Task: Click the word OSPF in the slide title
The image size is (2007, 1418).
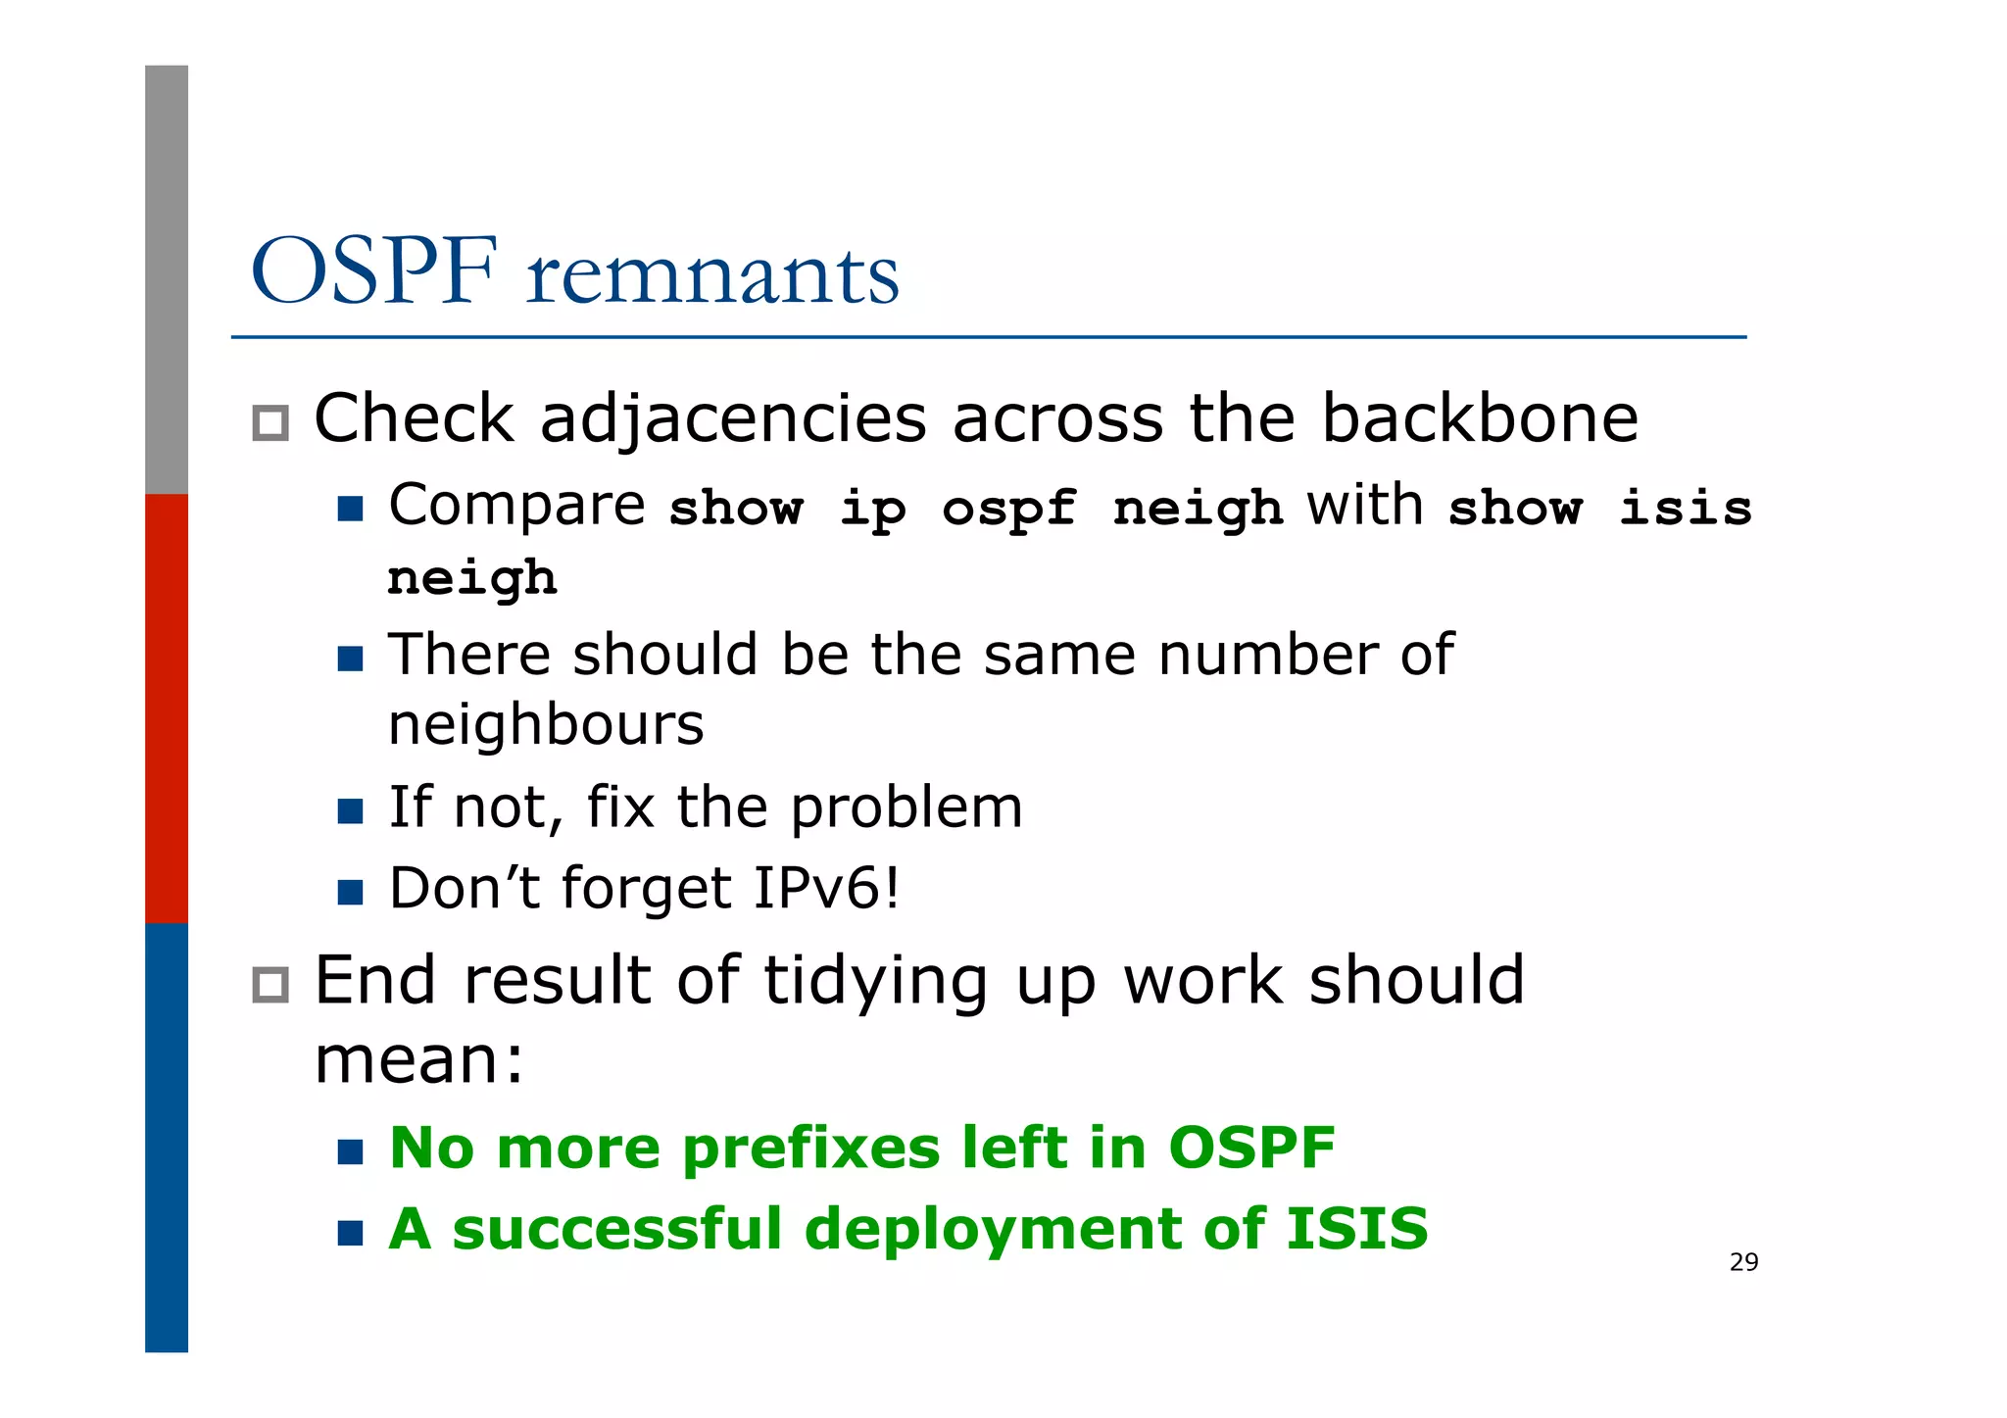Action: (374, 272)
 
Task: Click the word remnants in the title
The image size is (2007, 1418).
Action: (712, 276)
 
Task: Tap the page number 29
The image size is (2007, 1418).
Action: (1743, 1262)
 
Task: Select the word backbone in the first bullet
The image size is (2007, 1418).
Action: (1479, 418)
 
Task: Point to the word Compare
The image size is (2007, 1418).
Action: (516, 508)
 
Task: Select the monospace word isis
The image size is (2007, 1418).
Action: (1685, 509)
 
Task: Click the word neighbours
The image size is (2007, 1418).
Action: (546, 726)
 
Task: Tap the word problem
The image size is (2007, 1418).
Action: (906, 808)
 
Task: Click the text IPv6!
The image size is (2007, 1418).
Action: (826, 888)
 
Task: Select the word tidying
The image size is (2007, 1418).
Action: (875, 982)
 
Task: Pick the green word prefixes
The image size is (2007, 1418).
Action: (810, 1149)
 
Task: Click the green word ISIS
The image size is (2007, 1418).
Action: (1356, 1229)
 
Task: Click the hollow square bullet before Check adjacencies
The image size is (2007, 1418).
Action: (270, 423)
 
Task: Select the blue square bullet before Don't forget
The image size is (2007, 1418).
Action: (350, 892)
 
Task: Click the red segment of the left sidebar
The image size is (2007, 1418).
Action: (167, 708)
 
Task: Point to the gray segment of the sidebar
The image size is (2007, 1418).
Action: (167, 279)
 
